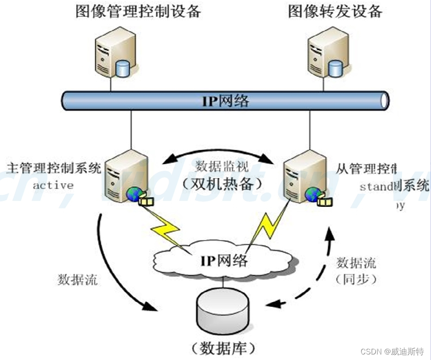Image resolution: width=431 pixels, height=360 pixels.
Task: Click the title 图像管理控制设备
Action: pos(138,11)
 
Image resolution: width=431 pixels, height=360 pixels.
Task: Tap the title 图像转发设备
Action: pos(336,11)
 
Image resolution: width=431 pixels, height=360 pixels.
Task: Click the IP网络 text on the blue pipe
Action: pos(225,101)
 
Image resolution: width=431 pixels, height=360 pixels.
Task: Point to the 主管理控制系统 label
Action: pos(54,167)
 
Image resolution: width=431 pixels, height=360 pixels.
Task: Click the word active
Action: pos(53,186)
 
